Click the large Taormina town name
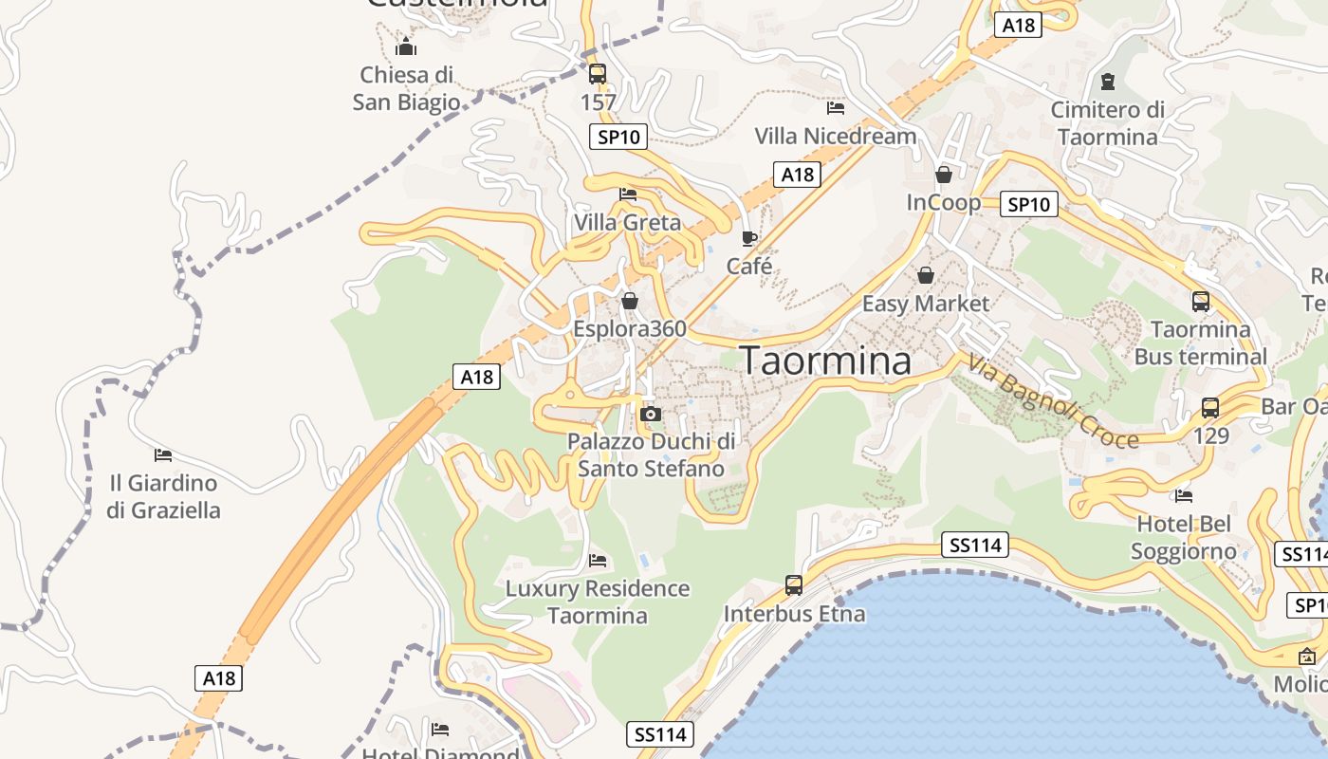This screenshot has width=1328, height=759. point(825,361)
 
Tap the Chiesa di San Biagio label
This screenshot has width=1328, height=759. point(407,88)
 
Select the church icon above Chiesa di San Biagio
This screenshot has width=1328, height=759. point(407,46)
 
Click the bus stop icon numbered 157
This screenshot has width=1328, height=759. point(598,74)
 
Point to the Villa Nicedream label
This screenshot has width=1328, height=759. point(836,136)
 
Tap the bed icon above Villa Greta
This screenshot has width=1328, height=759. point(628,194)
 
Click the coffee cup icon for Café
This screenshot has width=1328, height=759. point(749,238)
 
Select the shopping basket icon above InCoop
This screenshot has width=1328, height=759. point(944,175)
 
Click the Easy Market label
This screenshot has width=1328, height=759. point(925,304)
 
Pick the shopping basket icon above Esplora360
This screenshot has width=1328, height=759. point(630,301)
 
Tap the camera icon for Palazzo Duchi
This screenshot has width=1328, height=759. point(651,414)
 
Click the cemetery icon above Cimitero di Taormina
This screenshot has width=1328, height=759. point(1107,82)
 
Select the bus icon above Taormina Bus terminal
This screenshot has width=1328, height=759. point(1201,302)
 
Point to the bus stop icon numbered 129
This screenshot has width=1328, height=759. point(1210,408)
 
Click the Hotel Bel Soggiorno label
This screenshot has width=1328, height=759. point(1184,537)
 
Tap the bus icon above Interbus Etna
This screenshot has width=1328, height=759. point(794,585)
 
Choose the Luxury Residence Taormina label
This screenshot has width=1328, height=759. point(598,602)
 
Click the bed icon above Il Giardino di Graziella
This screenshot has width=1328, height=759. point(163,455)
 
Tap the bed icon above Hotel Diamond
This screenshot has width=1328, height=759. point(440,730)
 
